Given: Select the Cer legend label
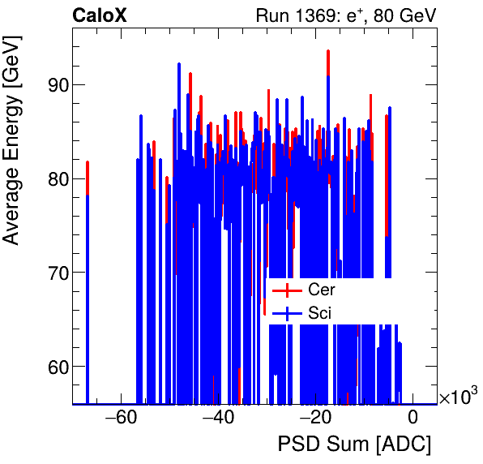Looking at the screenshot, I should (322, 290).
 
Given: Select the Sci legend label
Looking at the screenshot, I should (320, 312).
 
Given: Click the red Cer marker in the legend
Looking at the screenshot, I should (282, 290).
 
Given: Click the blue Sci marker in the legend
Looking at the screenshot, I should (282, 312).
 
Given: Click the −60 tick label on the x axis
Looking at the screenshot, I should (121, 419).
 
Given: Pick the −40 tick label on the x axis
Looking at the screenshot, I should (218, 419).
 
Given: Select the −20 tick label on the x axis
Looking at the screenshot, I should (315, 419).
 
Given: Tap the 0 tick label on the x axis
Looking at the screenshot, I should (412, 419).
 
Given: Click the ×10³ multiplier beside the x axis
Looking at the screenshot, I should (457, 397).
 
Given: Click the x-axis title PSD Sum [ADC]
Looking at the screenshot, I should (354, 445).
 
